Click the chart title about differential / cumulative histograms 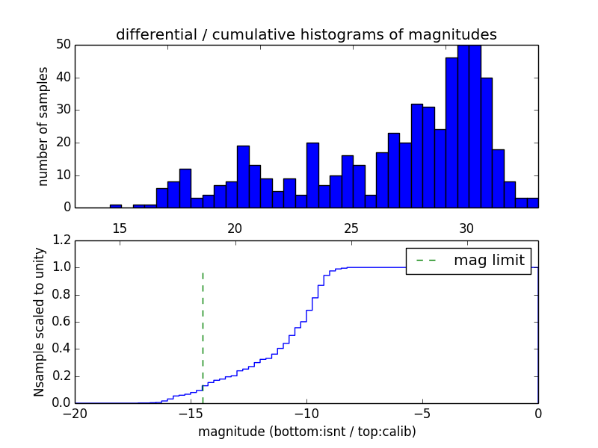click(306, 34)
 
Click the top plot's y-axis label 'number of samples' click(43, 126)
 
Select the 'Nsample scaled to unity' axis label click(40, 322)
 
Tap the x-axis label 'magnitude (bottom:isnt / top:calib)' click(306, 432)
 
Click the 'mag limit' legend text click(489, 261)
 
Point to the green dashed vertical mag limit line click(203, 329)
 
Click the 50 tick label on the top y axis click(63, 45)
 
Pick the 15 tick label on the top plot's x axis click(120, 228)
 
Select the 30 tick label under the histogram click(467, 228)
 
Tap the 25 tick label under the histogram click(351, 228)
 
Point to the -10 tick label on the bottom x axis click(306, 413)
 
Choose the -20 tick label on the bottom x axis click(75, 413)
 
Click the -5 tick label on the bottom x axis click(422, 413)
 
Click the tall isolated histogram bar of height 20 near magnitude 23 click(312, 175)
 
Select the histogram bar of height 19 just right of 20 click(243, 177)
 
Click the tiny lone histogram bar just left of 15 click(115, 206)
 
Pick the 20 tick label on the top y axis click(63, 143)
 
